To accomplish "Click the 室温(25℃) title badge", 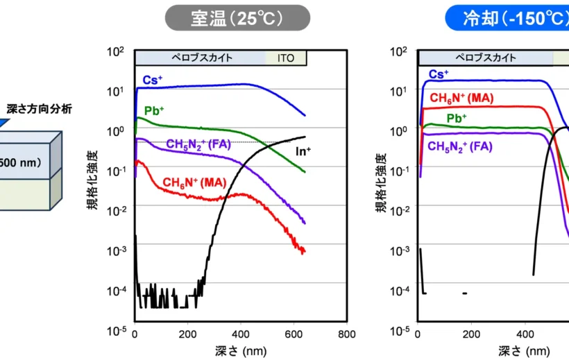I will [x=237, y=18].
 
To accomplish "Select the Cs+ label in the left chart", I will [x=153, y=79].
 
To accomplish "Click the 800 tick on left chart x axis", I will [x=346, y=334].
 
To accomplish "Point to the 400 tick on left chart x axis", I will [x=240, y=334].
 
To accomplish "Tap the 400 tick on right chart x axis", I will [x=525, y=334].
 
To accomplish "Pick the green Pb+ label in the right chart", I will [x=456, y=118].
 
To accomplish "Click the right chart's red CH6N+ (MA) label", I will [x=461, y=98].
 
